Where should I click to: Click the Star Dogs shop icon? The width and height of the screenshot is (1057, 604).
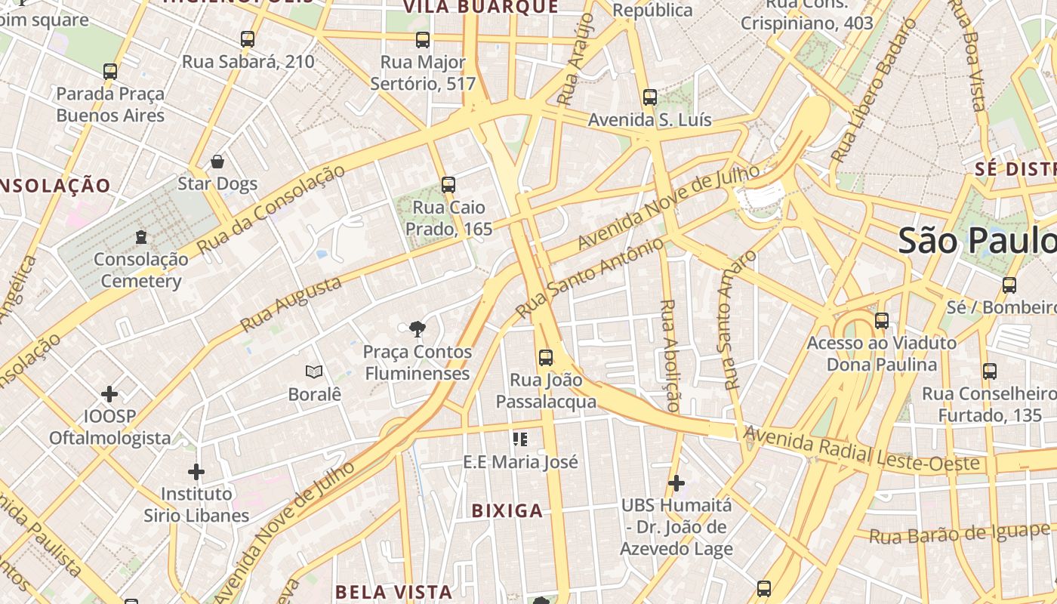pyautogui.click(x=217, y=162)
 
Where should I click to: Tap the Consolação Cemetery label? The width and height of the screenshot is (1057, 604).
pyautogui.click(x=141, y=270)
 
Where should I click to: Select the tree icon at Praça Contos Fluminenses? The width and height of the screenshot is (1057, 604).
pyautogui.click(x=416, y=328)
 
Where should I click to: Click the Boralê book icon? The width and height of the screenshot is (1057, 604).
pyautogui.click(x=314, y=371)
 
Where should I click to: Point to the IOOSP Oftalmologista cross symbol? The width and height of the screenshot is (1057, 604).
pyautogui.click(x=109, y=394)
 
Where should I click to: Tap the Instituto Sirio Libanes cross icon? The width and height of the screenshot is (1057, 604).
pyautogui.click(x=196, y=472)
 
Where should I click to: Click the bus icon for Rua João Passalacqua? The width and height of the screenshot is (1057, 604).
pyautogui.click(x=546, y=358)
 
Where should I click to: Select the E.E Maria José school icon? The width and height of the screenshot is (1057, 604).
pyautogui.click(x=519, y=439)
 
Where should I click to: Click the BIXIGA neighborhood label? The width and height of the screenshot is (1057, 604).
pyautogui.click(x=507, y=511)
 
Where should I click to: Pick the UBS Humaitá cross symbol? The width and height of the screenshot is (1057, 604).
pyautogui.click(x=676, y=482)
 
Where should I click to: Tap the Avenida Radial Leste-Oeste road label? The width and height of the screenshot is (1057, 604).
pyautogui.click(x=861, y=451)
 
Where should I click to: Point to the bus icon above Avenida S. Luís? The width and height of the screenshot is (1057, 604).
pyautogui.click(x=650, y=97)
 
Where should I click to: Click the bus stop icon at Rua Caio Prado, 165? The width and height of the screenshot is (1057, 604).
pyautogui.click(x=448, y=185)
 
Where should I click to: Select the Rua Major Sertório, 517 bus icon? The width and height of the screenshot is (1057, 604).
pyautogui.click(x=423, y=40)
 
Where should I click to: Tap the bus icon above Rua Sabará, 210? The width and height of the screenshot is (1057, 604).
pyautogui.click(x=248, y=39)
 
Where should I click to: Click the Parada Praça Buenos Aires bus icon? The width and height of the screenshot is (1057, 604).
pyautogui.click(x=110, y=72)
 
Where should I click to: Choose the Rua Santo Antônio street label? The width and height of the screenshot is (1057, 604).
pyautogui.click(x=590, y=278)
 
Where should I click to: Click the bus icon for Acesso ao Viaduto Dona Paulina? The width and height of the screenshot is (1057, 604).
pyautogui.click(x=882, y=321)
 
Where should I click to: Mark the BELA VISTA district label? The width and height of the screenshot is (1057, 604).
pyautogui.click(x=393, y=591)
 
